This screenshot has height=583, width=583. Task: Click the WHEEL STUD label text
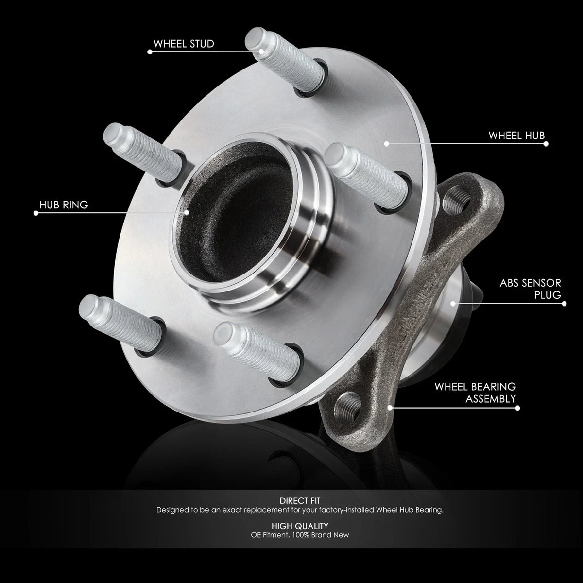(x=184, y=44)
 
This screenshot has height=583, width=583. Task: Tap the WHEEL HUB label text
(x=516, y=136)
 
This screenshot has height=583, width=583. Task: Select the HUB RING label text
(x=64, y=205)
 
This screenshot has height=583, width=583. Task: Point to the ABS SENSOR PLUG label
(x=530, y=289)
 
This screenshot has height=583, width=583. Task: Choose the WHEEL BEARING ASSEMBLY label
(x=475, y=393)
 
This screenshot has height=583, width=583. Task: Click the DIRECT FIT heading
(x=300, y=501)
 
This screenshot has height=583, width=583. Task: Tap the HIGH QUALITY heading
(x=300, y=526)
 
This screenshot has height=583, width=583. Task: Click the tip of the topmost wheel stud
(x=254, y=39)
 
